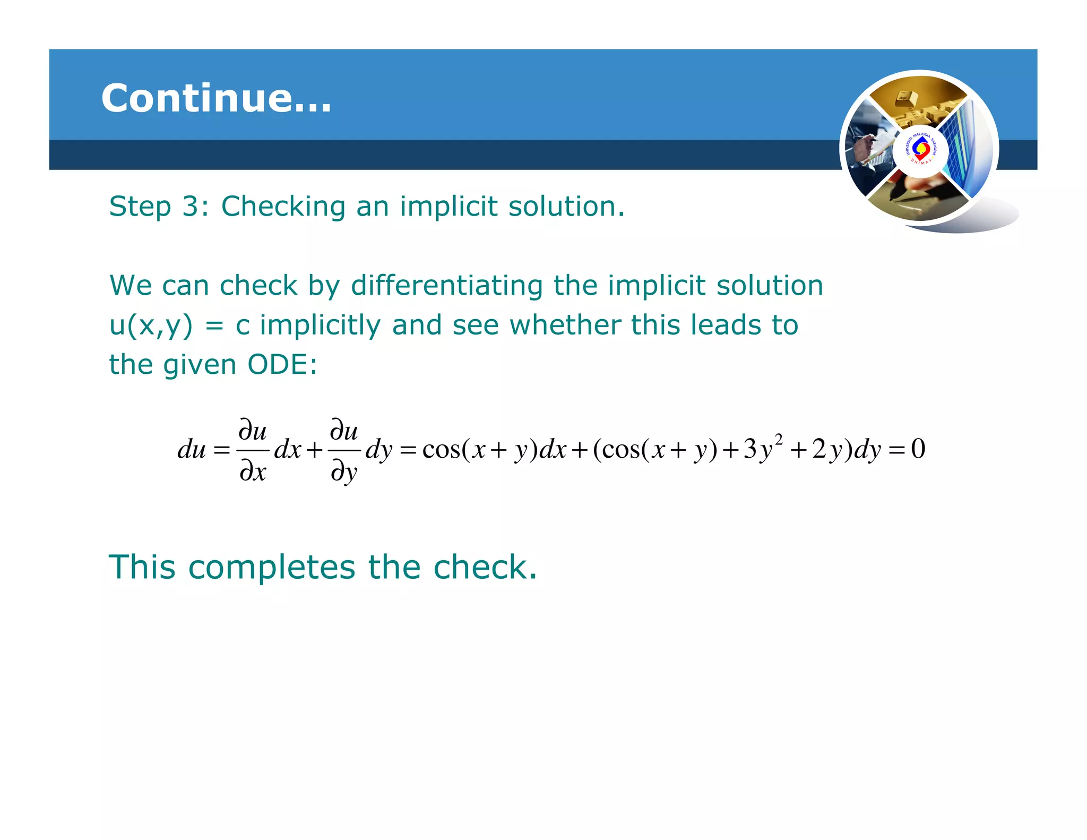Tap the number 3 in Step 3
(190, 206)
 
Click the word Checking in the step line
(283, 207)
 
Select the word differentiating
(446, 286)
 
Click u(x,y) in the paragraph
(151, 325)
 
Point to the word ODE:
(282, 365)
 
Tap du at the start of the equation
(191, 450)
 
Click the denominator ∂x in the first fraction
(253, 471)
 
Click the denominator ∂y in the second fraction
(344, 472)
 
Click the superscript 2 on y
(779, 439)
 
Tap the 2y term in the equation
(826, 450)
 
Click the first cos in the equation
(442, 450)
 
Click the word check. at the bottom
(485, 567)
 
